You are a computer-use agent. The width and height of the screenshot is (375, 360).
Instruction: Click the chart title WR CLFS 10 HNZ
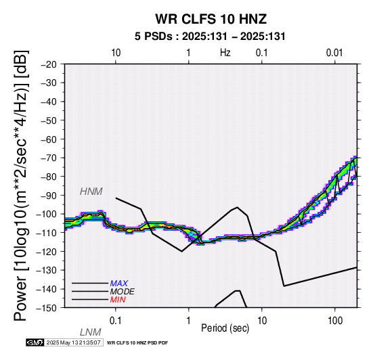(x=211, y=19)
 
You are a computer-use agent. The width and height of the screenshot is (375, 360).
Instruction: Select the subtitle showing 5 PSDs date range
(x=210, y=37)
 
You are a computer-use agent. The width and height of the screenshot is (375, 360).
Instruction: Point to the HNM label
(x=91, y=192)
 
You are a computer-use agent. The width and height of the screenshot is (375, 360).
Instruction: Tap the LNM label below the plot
(x=91, y=332)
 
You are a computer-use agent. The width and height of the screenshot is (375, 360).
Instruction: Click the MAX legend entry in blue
(x=119, y=284)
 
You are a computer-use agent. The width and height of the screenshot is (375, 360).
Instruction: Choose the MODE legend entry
(x=123, y=292)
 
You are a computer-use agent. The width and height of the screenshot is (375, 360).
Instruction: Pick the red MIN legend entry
(x=118, y=300)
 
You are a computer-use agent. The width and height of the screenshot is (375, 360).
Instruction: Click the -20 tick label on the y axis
(x=49, y=64)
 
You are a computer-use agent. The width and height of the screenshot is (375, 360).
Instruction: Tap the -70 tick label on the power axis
(x=49, y=158)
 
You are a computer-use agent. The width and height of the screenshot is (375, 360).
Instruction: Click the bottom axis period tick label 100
(x=335, y=321)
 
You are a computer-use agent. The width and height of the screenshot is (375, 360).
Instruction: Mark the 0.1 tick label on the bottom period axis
(x=116, y=321)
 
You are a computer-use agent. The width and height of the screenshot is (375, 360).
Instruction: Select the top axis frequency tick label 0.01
(x=334, y=53)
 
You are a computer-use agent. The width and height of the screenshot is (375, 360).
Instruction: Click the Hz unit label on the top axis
(x=225, y=53)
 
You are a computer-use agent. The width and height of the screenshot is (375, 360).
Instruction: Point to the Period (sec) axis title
(x=225, y=328)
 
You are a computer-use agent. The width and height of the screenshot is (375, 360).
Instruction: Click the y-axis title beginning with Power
(x=21, y=185)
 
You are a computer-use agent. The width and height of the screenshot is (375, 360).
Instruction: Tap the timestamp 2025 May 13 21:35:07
(x=73, y=343)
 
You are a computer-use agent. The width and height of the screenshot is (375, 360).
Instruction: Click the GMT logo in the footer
(x=35, y=343)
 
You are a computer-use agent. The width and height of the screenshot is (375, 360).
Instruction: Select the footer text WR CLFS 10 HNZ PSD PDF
(x=137, y=343)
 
